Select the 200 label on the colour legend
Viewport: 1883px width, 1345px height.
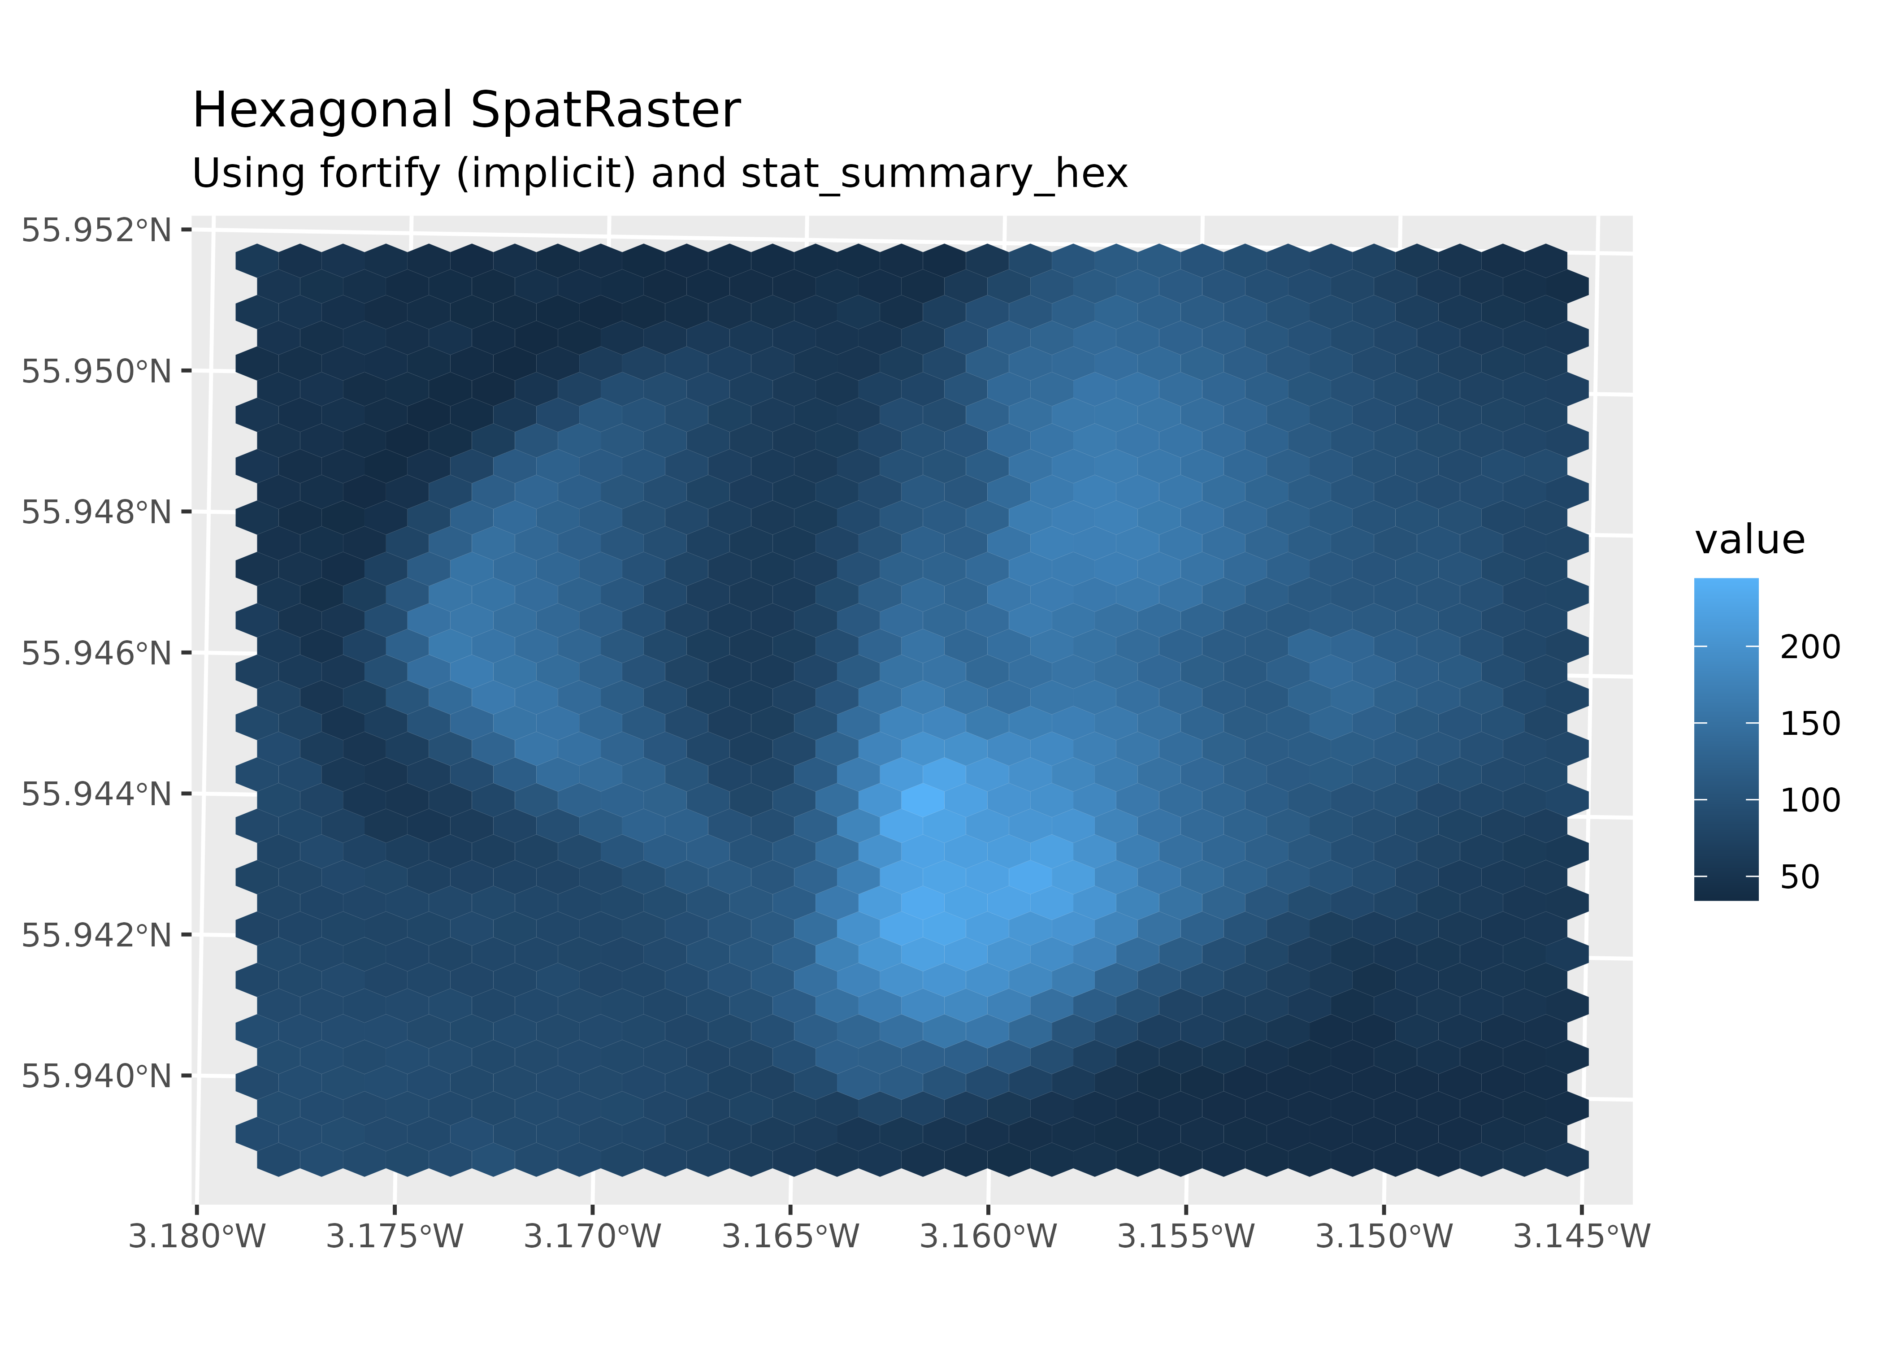coord(1810,647)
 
